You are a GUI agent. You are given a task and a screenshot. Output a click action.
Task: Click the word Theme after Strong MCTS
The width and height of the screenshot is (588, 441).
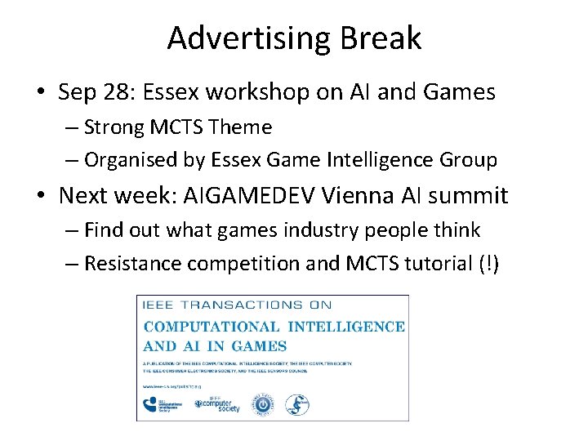pyautogui.click(x=240, y=127)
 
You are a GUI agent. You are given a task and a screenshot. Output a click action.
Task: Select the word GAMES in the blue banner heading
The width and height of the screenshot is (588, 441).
pyautogui.click(x=258, y=346)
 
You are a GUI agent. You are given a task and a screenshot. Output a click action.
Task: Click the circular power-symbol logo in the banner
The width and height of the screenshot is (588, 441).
pyautogui.click(x=264, y=403)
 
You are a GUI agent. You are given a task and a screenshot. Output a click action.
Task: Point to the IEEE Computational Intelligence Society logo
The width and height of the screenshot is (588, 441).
pyautogui.click(x=164, y=403)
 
